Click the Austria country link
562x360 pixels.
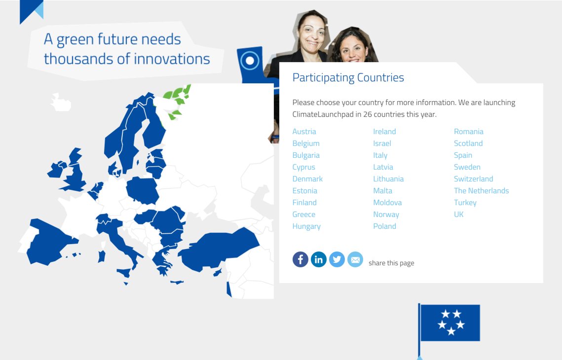(304, 132)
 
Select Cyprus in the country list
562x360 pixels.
(303, 167)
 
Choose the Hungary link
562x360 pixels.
(306, 226)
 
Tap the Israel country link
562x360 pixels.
(382, 144)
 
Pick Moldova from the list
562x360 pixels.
(387, 202)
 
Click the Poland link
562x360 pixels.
(384, 226)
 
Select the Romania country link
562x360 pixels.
(468, 132)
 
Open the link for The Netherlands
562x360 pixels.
(482, 190)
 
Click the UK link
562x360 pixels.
(458, 214)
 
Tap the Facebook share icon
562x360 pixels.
(300, 259)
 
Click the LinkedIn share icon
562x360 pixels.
(319, 259)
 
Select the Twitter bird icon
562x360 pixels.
(337, 259)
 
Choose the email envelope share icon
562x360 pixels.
(355, 259)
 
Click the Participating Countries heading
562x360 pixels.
(348, 77)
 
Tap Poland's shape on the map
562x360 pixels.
(142, 190)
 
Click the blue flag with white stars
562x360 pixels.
(450, 323)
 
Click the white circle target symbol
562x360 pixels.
(250, 61)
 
